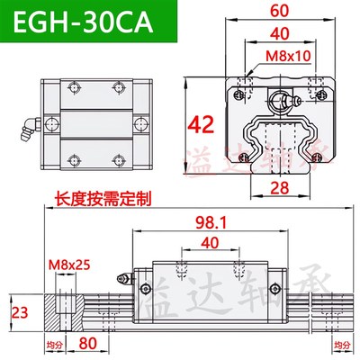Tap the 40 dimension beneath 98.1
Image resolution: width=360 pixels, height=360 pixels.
[210, 244]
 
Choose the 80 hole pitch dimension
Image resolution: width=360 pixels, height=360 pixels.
[87, 343]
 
